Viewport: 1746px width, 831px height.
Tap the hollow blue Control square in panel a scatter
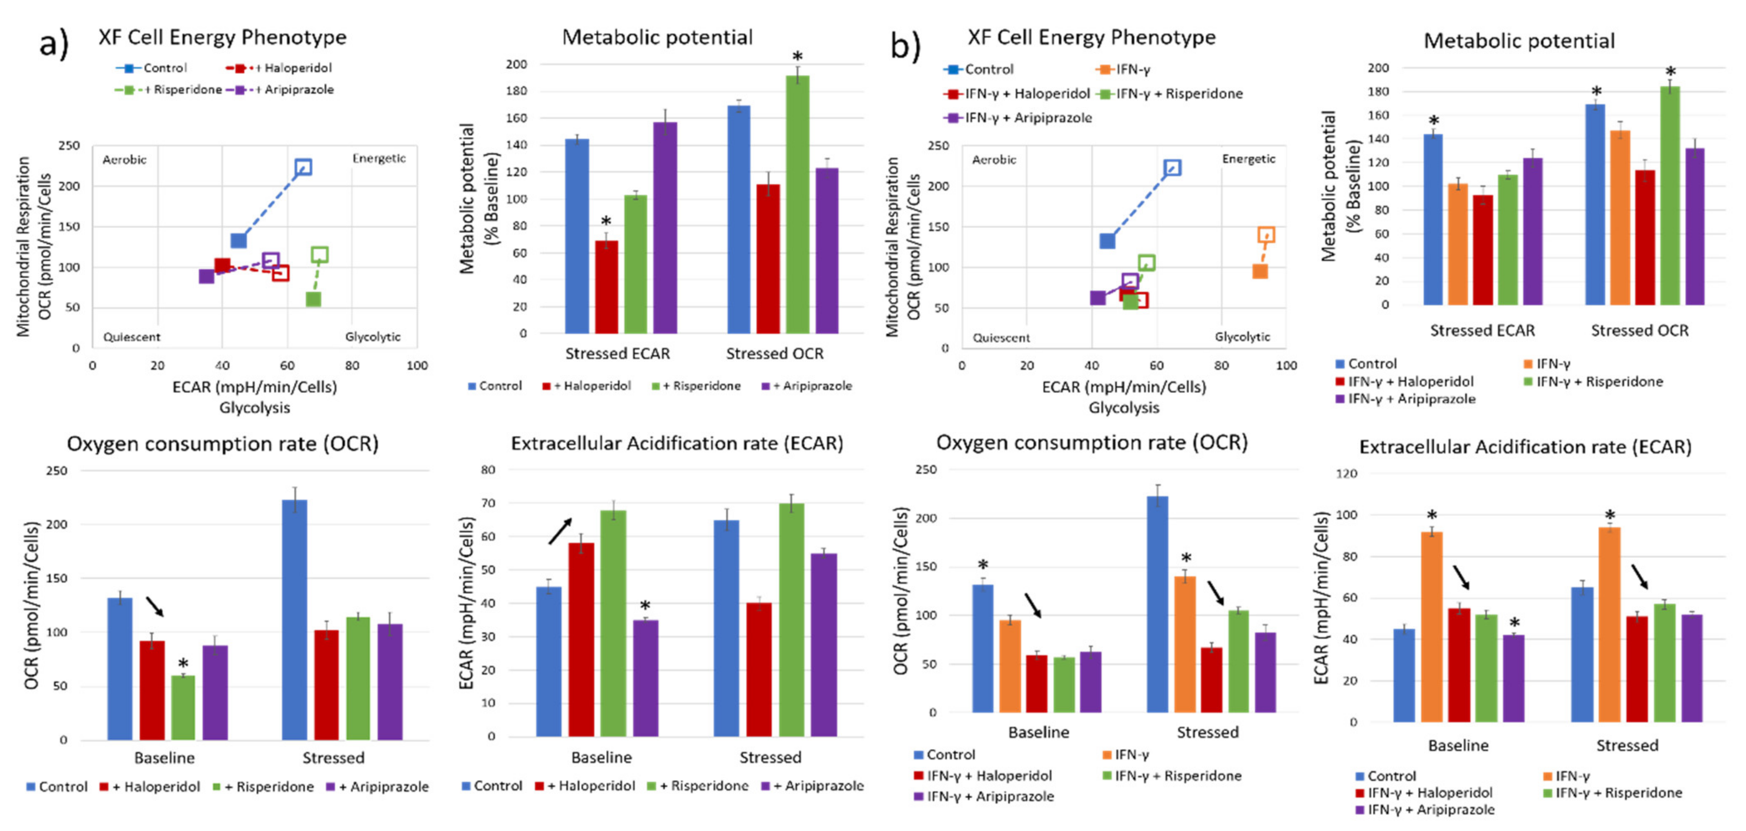pyautogui.click(x=303, y=167)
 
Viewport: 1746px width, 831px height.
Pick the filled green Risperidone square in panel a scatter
pyautogui.click(x=313, y=299)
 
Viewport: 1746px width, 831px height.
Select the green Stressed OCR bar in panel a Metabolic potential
pyautogui.click(x=797, y=203)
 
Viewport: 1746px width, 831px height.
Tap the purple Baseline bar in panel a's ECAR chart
pyautogui.click(x=645, y=678)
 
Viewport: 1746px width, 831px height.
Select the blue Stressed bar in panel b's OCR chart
pyautogui.click(x=1157, y=603)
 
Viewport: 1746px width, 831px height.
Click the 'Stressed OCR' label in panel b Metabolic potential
pyautogui.click(x=1640, y=331)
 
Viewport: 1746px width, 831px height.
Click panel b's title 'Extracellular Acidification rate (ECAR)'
pyautogui.click(x=1525, y=447)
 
